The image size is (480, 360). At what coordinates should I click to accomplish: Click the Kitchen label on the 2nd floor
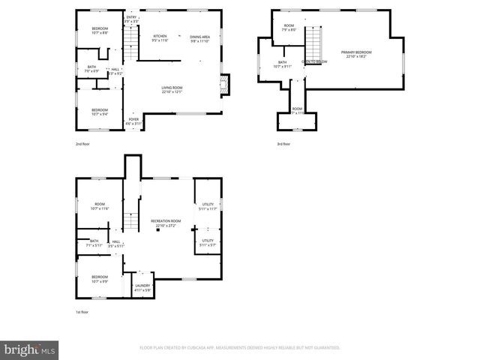click(160, 38)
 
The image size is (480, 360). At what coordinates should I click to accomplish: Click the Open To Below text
click(311, 61)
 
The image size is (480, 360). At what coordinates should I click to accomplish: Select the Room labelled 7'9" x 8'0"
click(289, 28)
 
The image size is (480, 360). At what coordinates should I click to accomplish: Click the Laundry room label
click(142, 286)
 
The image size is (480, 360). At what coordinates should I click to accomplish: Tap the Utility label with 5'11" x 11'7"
click(208, 206)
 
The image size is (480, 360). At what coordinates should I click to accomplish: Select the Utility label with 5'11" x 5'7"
click(208, 243)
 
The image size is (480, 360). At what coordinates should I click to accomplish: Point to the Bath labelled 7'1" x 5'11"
click(94, 243)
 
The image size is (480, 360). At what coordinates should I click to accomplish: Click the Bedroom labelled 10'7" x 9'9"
click(99, 280)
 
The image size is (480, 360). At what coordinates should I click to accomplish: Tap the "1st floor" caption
click(82, 311)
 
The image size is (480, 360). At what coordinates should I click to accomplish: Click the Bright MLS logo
click(30, 349)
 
